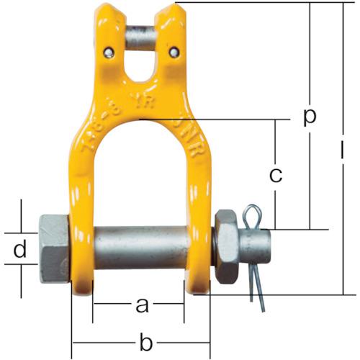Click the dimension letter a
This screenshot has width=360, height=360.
[x=142, y=306]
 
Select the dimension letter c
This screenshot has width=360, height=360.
[x=275, y=174]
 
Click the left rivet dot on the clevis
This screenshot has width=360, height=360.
[x=108, y=51]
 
